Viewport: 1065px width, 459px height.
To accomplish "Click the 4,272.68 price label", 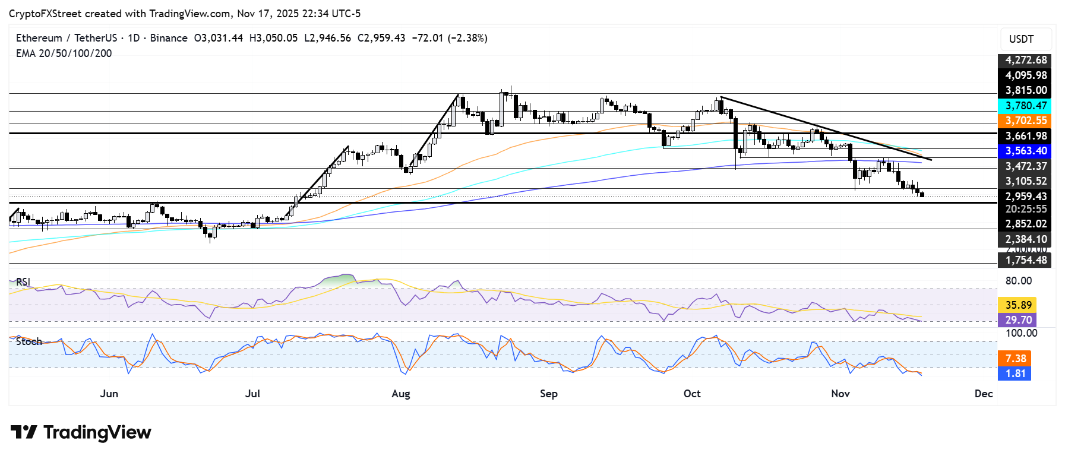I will tap(1025, 60).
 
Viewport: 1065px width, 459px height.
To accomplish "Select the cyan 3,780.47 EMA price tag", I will tap(1025, 106).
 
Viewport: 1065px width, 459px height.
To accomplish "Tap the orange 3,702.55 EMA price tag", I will tap(1025, 121).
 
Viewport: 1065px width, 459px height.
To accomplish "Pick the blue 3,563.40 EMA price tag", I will tap(1025, 151).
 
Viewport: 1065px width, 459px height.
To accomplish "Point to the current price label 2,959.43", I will tap(1025, 197).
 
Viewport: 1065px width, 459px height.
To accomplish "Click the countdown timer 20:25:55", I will tap(1025, 209).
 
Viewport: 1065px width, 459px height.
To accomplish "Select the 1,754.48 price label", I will tap(1025, 260).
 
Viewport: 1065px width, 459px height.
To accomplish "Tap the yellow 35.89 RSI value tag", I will tap(1018, 305).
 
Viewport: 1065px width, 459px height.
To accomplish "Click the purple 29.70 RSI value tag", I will tap(1018, 320).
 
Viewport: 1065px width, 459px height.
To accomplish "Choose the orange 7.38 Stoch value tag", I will tap(1015, 359).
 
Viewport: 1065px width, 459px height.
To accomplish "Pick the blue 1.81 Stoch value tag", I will tap(1015, 373).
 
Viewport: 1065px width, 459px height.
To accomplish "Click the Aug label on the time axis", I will tap(401, 394).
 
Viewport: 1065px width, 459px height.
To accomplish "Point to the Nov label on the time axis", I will tap(840, 394).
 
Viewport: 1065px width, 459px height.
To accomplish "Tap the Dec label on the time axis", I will tap(984, 394).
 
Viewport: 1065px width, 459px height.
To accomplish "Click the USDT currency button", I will tap(1021, 39).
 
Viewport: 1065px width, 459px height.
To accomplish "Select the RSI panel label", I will tap(23, 282).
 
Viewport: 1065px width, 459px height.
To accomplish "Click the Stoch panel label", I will tap(29, 341).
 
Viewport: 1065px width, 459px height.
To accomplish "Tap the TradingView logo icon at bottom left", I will tap(24, 432).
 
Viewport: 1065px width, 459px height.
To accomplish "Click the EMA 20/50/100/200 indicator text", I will tap(64, 53).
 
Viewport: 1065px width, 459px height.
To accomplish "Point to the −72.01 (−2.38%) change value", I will tap(450, 38).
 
